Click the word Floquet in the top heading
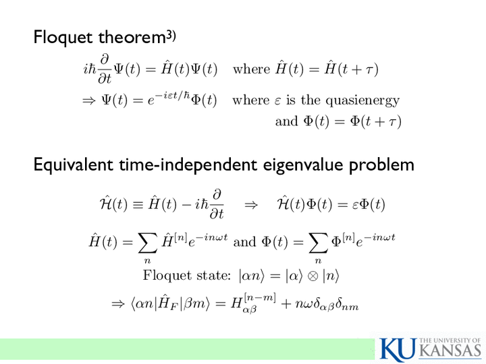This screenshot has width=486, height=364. click(x=63, y=38)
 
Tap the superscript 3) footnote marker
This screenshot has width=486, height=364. click(x=171, y=36)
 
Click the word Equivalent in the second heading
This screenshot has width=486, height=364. click(x=73, y=164)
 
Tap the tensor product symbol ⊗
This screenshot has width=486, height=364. click(x=313, y=276)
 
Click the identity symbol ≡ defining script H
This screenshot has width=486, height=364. click(x=138, y=205)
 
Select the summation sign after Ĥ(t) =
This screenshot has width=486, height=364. click(x=147, y=243)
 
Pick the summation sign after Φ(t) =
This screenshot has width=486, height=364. click(x=318, y=243)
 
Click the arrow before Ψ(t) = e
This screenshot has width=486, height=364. click(x=88, y=101)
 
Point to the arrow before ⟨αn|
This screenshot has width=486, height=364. click(x=117, y=304)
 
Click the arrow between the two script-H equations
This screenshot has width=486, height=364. click(x=251, y=205)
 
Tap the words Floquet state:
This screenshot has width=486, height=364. click(x=187, y=275)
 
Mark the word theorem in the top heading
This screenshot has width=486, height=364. click(x=132, y=38)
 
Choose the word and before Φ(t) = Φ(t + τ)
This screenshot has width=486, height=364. click(x=286, y=121)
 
